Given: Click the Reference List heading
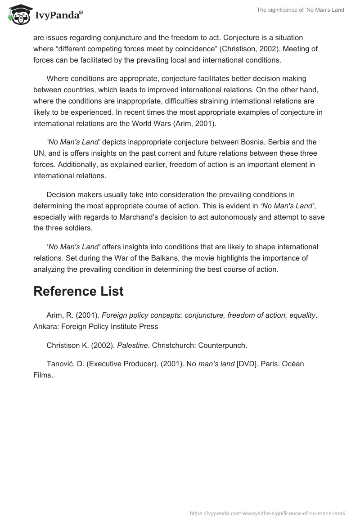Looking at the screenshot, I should pyautogui.click(x=78, y=291).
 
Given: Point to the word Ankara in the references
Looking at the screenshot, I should pyautogui.click(x=45, y=326).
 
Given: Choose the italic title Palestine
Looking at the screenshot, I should pyautogui.click(x=132, y=346).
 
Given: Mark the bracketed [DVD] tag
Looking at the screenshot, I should pyautogui.click(x=248, y=364).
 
